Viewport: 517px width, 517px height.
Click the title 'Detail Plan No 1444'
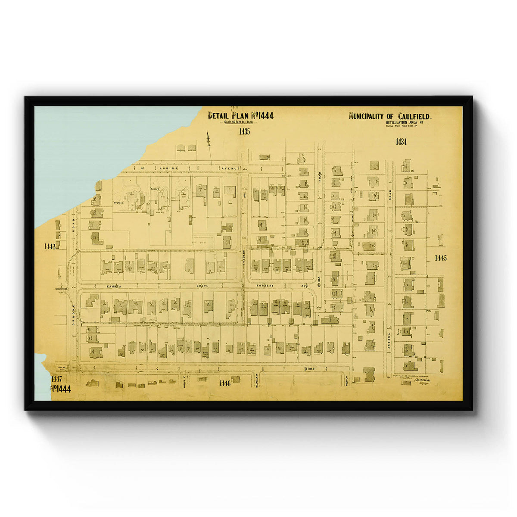click(x=240, y=115)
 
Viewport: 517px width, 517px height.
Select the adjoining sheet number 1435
click(x=244, y=132)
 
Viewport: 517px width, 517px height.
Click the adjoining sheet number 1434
click(x=401, y=141)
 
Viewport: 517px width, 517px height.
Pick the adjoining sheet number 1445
click(x=440, y=258)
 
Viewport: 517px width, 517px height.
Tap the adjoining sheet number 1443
click(x=50, y=246)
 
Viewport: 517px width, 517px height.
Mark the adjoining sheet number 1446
click(x=225, y=383)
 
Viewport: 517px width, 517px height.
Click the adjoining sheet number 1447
click(x=56, y=379)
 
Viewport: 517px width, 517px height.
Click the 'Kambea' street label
click(x=115, y=286)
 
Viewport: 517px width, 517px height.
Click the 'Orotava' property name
click(x=118, y=202)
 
